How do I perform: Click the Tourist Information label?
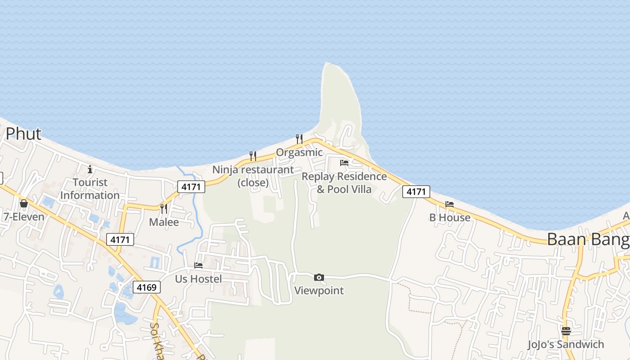pyautogui.click(x=90, y=189)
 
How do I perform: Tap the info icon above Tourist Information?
pyautogui.click(x=90, y=169)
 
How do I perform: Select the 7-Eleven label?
pyautogui.click(x=24, y=217)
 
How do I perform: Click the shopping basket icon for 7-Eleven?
pyautogui.click(x=24, y=204)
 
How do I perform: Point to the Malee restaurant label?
pyautogui.click(x=164, y=222)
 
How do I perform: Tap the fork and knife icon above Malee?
pyautogui.click(x=164, y=208)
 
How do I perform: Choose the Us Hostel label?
pyautogui.click(x=198, y=279)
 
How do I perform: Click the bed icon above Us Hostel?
pyautogui.click(x=198, y=265)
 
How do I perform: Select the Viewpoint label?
pyautogui.click(x=319, y=291)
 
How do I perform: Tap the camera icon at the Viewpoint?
pyautogui.click(x=319, y=277)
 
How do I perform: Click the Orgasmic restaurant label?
pyautogui.click(x=299, y=153)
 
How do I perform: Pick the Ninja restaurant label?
pyautogui.click(x=253, y=176)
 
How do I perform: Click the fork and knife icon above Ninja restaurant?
pyautogui.click(x=253, y=156)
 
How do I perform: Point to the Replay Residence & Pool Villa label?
pyautogui.click(x=344, y=183)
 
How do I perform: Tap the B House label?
pyautogui.click(x=450, y=218)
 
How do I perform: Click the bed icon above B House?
pyautogui.click(x=450, y=204)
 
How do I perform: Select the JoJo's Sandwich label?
pyautogui.click(x=566, y=345)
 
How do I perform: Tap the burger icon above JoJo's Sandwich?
pyautogui.click(x=566, y=331)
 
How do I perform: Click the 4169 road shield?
pyautogui.click(x=147, y=287)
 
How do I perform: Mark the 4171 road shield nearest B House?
pyautogui.click(x=416, y=192)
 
